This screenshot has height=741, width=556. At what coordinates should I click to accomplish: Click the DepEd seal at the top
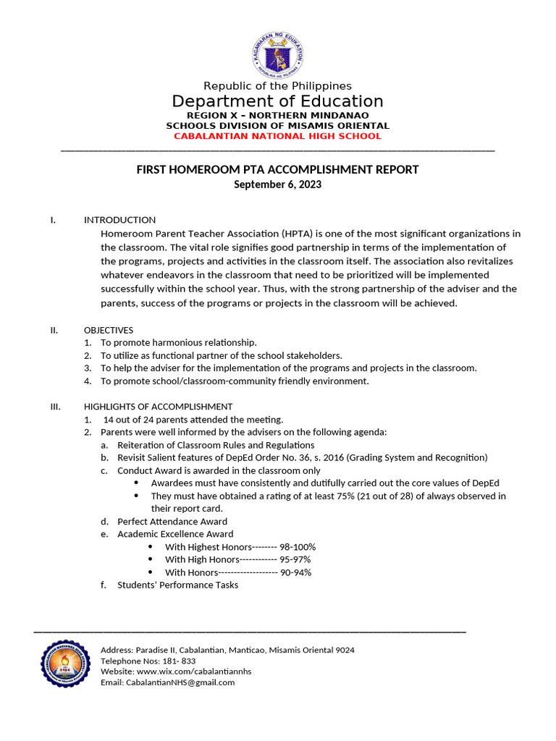278,55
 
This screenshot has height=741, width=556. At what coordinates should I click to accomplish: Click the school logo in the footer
65,664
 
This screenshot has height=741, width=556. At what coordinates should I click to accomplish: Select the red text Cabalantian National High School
277,136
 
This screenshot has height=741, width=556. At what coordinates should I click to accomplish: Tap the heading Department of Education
277,101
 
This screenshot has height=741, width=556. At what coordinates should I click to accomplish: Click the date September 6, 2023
277,185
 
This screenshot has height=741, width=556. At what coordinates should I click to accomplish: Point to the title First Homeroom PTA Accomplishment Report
277,170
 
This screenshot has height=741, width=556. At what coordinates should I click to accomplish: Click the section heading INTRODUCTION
119,220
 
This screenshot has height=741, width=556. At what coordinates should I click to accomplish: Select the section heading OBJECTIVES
109,330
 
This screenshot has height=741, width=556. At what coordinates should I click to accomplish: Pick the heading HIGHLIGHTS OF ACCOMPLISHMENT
158,407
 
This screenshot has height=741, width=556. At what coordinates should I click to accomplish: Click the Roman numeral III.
56,407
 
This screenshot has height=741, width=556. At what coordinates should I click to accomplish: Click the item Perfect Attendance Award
172,522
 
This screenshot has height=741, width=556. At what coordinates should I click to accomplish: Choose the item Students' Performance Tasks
177,585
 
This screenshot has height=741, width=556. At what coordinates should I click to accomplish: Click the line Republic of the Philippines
277,86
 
